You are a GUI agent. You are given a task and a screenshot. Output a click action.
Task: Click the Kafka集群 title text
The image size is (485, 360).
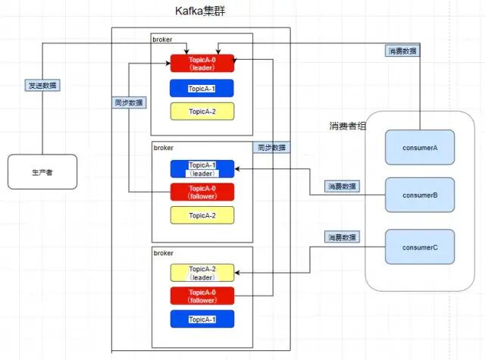(x=200, y=12)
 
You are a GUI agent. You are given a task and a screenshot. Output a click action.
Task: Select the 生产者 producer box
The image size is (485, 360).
(x=42, y=172)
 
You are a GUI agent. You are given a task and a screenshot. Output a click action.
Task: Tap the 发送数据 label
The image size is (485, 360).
(x=42, y=86)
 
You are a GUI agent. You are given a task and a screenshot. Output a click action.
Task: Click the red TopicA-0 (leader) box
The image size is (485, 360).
(x=202, y=63)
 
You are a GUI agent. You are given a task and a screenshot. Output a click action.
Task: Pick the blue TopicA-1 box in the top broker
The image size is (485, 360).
(x=202, y=89)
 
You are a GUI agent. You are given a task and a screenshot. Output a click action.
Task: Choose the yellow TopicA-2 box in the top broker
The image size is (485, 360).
(x=202, y=111)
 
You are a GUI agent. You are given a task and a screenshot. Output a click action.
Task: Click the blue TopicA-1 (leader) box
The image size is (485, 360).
(x=202, y=169)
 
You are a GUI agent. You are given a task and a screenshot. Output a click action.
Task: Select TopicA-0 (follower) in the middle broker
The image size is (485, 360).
(x=202, y=193)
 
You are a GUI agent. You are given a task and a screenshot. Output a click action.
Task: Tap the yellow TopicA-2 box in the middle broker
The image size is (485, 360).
(x=202, y=215)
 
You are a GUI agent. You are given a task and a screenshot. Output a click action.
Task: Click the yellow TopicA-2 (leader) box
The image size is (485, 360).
(x=202, y=273)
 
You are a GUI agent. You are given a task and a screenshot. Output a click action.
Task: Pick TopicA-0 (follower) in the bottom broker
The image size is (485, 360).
(x=202, y=296)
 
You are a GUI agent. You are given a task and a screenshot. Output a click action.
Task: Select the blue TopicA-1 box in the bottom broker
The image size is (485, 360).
(x=202, y=319)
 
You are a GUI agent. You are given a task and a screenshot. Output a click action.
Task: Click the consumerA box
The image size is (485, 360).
(x=420, y=148)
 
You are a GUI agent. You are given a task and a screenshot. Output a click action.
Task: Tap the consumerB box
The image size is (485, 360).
(x=420, y=195)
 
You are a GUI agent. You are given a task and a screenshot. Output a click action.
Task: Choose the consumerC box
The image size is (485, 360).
(x=420, y=247)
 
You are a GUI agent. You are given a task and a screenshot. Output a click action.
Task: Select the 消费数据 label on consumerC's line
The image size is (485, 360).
(x=342, y=237)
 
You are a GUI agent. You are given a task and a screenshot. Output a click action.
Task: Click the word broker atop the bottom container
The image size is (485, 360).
(x=164, y=252)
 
